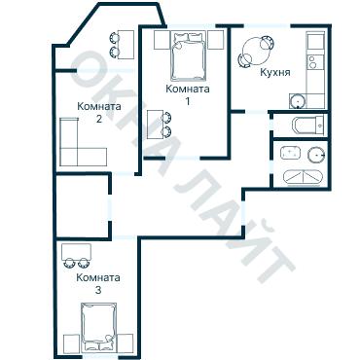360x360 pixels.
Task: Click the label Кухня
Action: click(x=275, y=72)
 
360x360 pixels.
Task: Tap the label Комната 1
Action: click(x=188, y=94)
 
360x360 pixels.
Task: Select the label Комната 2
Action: click(x=99, y=112)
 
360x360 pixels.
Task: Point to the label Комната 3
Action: click(x=98, y=283)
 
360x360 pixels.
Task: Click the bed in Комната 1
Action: click(x=189, y=55)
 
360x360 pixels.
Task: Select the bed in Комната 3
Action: click(x=99, y=327)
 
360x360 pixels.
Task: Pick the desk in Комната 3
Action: click(x=77, y=251)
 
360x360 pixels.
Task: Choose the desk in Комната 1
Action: click(x=155, y=125)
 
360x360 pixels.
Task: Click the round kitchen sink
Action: click(x=297, y=101)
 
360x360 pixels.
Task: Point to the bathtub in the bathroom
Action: click(x=304, y=177)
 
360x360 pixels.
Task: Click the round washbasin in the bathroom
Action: click(x=316, y=155)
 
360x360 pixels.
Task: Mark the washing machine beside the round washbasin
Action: click(x=291, y=153)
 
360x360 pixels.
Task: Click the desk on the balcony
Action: click(x=126, y=45)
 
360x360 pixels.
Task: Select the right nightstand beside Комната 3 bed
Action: click(x=126, y=343)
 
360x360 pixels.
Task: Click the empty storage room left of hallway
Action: click(x=83, y=206)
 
